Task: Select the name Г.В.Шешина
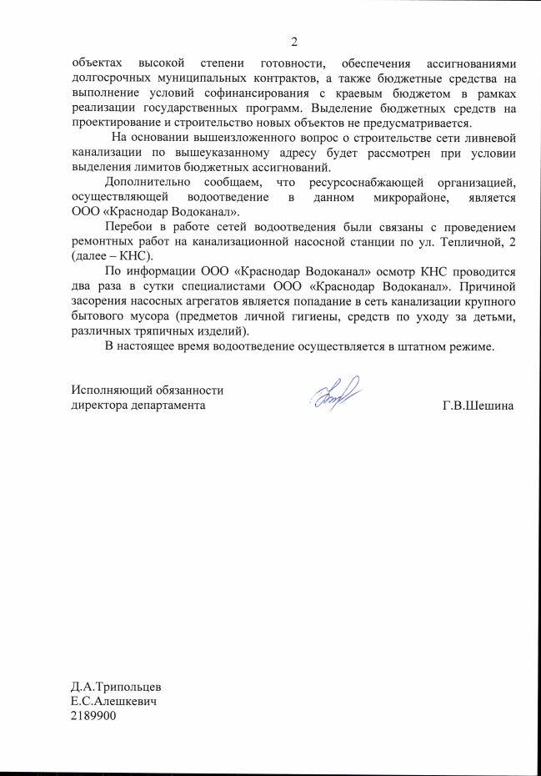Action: (x=478, y=406)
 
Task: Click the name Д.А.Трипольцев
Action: (x=116, y=687)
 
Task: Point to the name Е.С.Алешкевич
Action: (x=114, y=702)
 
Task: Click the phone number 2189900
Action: (x=94, y=717)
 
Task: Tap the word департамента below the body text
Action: (x=164, y=406)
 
